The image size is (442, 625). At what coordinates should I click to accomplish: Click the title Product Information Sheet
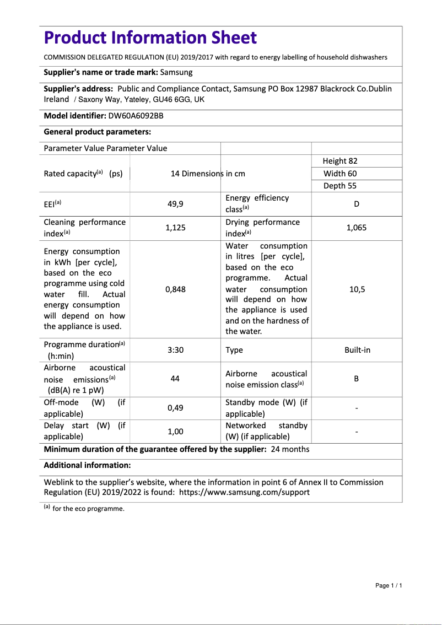tap(150, 38)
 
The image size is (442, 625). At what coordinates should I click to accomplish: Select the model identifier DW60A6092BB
tap(136, 116)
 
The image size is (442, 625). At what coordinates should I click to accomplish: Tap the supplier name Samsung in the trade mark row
tap(176, 72)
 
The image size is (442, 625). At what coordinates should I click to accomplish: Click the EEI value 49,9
tap(175, 204)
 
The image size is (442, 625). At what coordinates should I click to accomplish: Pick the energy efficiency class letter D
tap(357, 204)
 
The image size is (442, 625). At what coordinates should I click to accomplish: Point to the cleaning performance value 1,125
tap(175, 228)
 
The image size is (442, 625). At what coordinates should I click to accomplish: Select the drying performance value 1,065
tap(357, 228)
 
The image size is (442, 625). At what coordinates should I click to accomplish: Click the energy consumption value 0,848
tap(175, 289)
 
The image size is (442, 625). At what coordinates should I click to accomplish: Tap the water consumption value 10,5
tap(357, 289)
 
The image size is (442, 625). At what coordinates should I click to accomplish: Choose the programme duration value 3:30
tap(175, 350)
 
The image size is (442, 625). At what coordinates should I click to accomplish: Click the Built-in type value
tap(357, 350)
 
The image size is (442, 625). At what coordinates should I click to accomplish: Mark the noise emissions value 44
tap(175, 379)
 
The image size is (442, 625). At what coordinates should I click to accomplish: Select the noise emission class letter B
tap(357, 379)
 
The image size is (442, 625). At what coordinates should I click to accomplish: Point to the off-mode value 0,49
tap(175, 408)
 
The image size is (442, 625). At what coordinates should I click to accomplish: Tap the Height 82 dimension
tap(340, 161)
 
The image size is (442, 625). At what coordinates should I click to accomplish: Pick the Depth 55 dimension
tap(340, 186)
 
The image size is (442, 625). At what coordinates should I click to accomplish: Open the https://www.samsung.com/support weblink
tap(244, 492)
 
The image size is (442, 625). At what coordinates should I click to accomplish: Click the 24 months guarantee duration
tap(290, 449)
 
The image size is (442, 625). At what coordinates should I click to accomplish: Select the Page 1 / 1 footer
tap(389, 585)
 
